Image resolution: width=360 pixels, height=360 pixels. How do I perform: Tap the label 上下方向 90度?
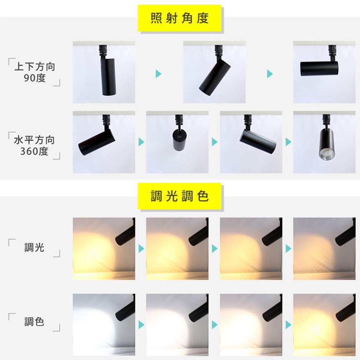[35, 72]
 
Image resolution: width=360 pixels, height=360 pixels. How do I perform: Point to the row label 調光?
[34, 247]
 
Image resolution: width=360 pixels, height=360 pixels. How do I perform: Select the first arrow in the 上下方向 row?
[158, 74]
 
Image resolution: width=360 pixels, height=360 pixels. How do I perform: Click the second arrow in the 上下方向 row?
[270, 74]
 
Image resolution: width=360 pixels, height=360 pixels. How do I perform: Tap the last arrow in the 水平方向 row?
[288, 142]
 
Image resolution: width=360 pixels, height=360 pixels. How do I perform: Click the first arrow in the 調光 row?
[141, 248]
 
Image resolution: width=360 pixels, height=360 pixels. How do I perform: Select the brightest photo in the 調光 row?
[104, 248]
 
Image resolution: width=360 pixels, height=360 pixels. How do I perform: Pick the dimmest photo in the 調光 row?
[324, 248]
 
